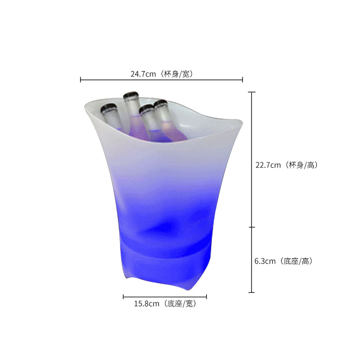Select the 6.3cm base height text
pos(265,261)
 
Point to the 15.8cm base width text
pos(146,304)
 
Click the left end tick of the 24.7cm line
pos(81,80)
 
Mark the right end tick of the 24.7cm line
pos(243,80)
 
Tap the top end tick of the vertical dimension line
pos(252,92)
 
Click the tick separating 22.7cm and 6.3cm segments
pos(252,227)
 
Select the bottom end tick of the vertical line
pos(252,292)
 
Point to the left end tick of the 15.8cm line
pos(123,297)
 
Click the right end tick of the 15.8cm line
pos(207,297)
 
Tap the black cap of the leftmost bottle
pos(108,108)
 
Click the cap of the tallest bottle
pos(131,96)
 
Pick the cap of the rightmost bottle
pos(160,104)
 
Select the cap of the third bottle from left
pos(146,109)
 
